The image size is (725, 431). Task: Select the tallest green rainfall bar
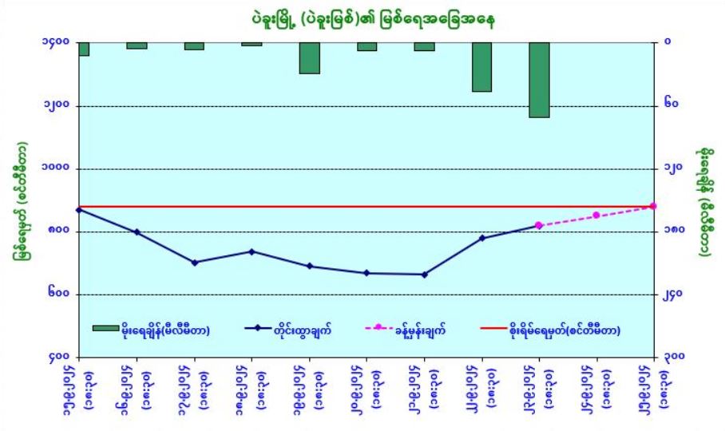point(539,80)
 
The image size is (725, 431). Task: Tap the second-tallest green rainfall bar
point(481,66)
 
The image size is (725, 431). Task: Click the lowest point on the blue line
point(424,275)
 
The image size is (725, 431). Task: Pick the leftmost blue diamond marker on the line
point(79,210)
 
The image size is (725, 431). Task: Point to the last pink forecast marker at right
point(653,206)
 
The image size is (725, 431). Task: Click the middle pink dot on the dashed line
point(596,215)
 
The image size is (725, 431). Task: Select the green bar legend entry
point(152,329)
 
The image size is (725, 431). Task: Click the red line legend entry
point(550,329)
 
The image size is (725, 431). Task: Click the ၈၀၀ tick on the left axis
point(56,232)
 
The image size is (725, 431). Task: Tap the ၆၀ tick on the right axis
point(671,105)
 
